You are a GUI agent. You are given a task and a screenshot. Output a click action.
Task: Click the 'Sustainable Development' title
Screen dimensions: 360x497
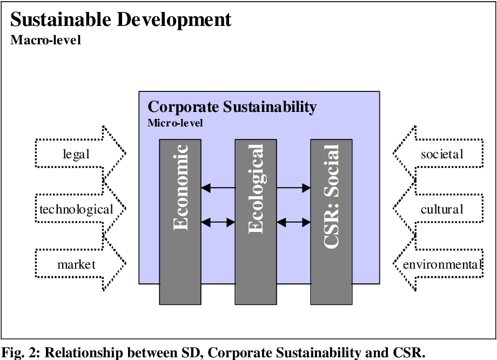pyautogui.click(x=120, y=20)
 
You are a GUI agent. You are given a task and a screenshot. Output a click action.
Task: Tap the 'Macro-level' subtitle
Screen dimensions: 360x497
pyautogui.click(x=46, y=41)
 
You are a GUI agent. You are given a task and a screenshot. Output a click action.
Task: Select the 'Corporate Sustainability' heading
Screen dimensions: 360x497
pyautogui.click(x=232, y=106)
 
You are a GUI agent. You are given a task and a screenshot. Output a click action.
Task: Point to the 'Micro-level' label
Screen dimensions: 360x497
pyautogui.click(x=176, y=123)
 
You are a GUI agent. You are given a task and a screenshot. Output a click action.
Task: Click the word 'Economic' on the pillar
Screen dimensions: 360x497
pyautogui.click(x=180, y=186)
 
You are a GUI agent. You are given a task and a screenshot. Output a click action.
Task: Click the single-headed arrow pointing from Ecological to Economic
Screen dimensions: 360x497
pyautogui.click(x=218, y=188)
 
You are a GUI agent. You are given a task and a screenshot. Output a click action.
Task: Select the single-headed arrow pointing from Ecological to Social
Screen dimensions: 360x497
pyautogui.click(x=293, y=188)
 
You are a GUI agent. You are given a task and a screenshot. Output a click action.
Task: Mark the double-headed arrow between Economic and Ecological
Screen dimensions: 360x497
pyautogui.click(x=218, y=222)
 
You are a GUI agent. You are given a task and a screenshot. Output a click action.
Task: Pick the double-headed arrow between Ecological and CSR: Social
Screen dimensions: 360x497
pyautogui.click(x=293, y=222)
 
